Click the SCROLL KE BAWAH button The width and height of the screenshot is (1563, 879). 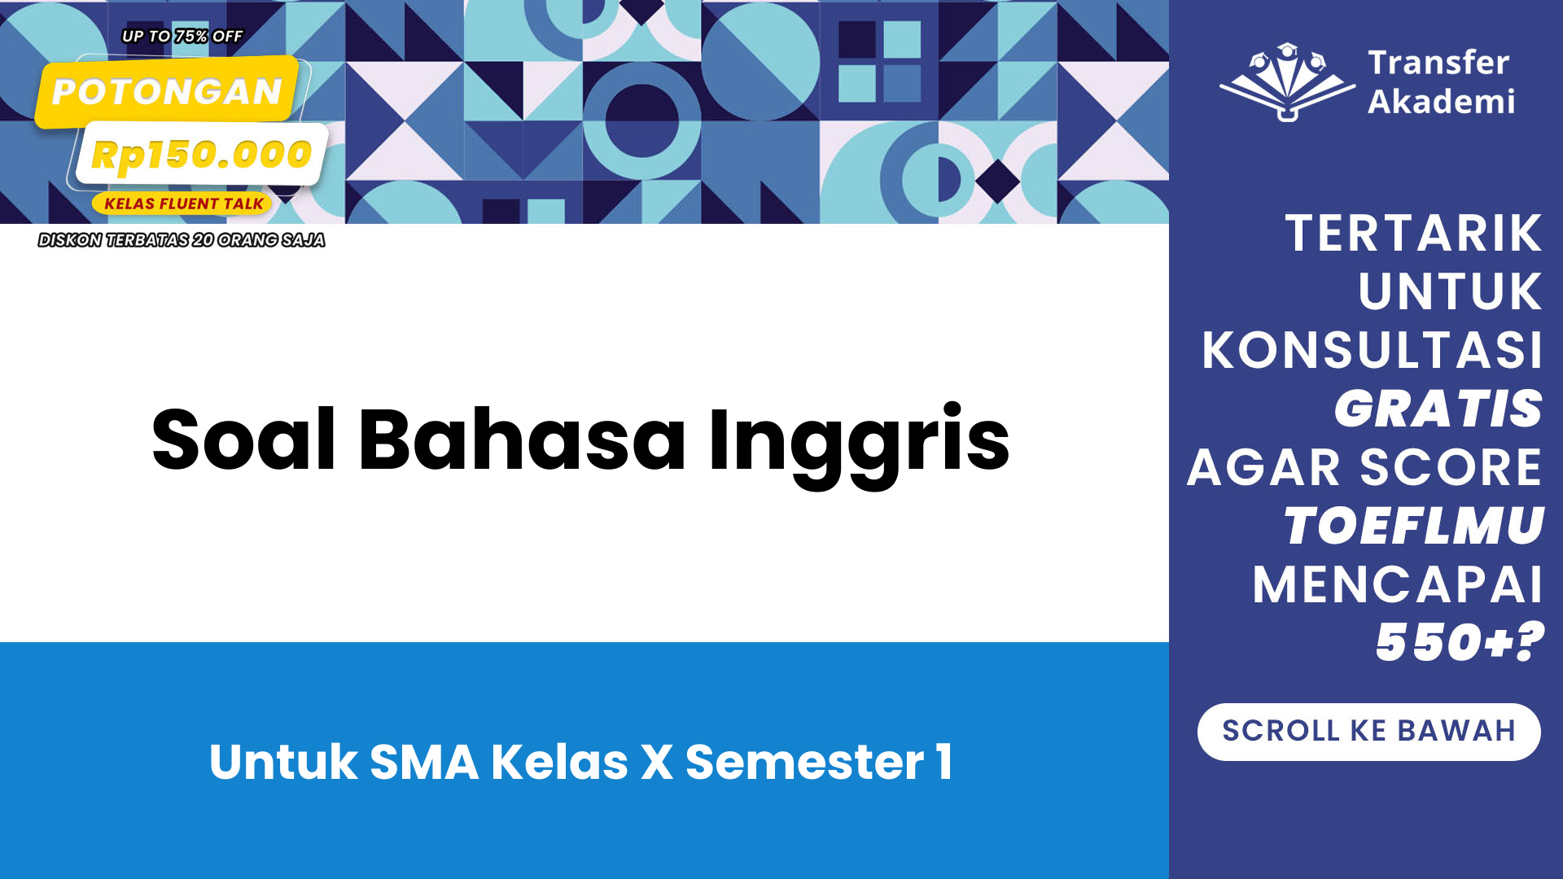[1368, 732]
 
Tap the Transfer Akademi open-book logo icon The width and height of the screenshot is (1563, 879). [1287, 82]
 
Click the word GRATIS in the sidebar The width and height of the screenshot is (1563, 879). [1438, 409]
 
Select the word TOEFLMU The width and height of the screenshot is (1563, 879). [1414, 526]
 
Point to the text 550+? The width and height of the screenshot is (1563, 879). [1460, 642]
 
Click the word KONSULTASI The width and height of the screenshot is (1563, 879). [1373, 350]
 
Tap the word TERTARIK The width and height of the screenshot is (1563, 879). [1414, 234]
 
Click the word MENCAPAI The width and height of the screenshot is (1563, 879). [1398, 584]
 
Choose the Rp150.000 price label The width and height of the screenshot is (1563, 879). [201, 154]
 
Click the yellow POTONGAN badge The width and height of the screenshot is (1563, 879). [167, 91]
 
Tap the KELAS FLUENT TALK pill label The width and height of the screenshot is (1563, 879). [183, 203]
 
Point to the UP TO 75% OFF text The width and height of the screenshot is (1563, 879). [182, 37]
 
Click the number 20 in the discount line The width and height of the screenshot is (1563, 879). [203, 240]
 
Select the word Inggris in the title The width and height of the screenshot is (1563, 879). [859, 444]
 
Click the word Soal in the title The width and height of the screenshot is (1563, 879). [243, 439]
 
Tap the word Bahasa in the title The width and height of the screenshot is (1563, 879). [522, 439]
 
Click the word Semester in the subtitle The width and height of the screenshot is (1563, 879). [805, 762]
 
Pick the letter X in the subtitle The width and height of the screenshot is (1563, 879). [657, 762]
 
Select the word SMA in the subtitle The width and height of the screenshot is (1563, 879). [424, 762]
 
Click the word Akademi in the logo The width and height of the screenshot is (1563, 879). [1441, 102]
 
